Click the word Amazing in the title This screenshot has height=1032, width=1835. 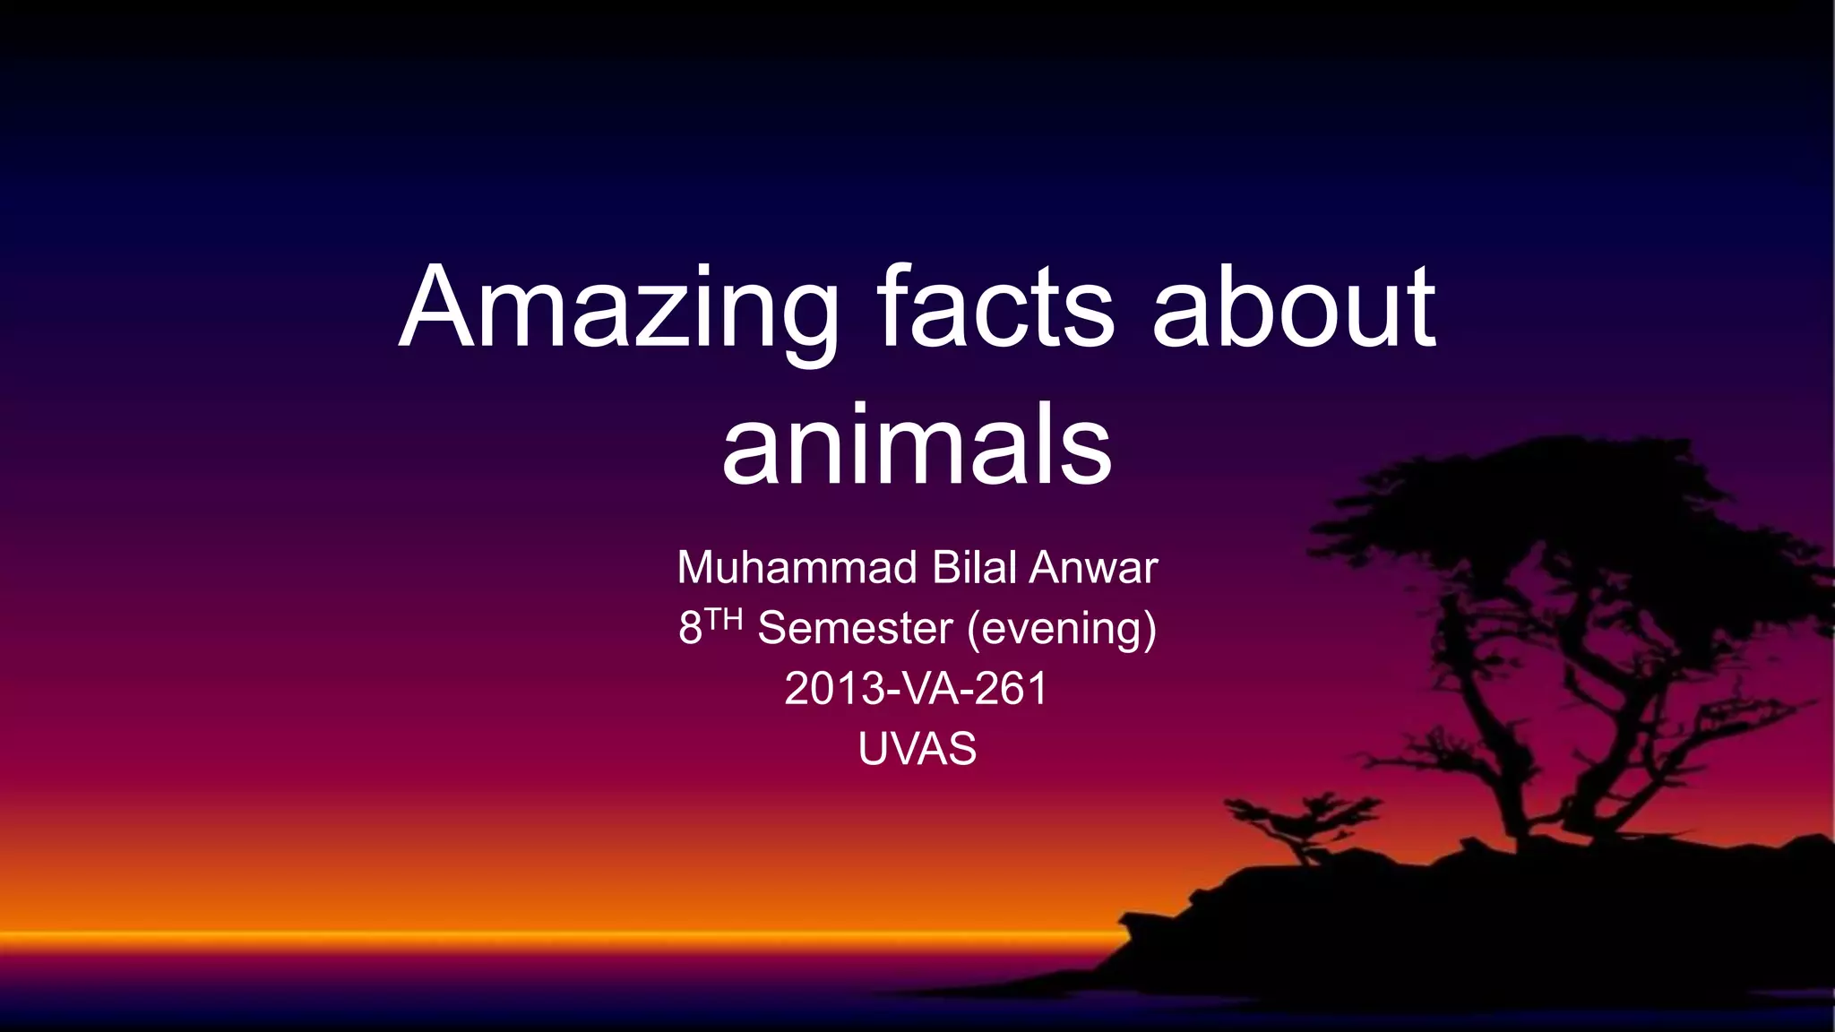[x=618, y=309]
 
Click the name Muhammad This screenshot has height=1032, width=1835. [x=797, y=568]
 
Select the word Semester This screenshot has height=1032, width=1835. [x=855, y=628]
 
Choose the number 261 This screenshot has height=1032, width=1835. [x=1011, y=689]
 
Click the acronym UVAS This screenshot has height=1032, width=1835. [x=917, y=749]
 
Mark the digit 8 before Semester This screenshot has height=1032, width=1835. [x=690, y=628]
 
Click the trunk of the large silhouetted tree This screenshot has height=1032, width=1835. [x=1523, y=761]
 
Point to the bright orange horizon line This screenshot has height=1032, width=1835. [x=538, y=937]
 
